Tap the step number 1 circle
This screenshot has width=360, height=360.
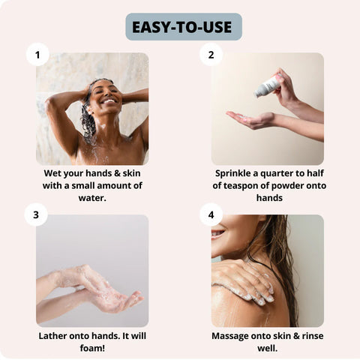click(37, 54)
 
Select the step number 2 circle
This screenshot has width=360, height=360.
click(211, 54)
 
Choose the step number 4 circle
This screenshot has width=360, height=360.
click(211, 215)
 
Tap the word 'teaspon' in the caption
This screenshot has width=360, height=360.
click(252, 185)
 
